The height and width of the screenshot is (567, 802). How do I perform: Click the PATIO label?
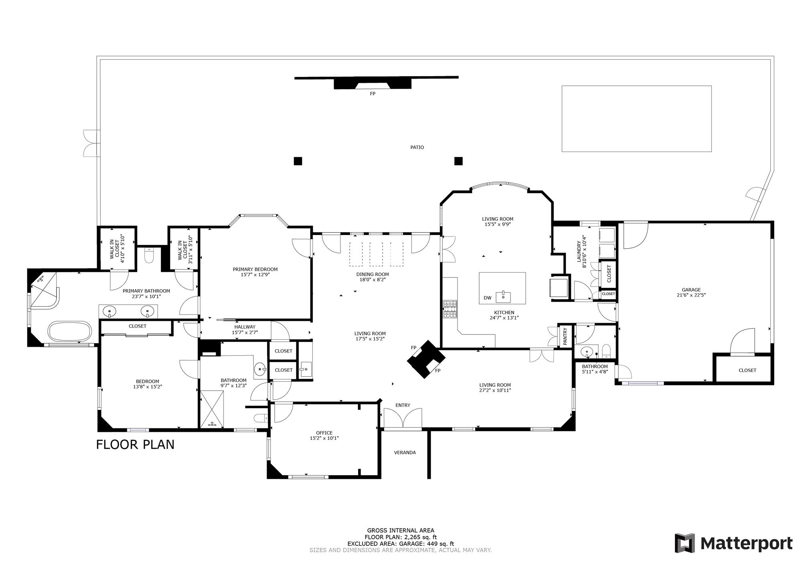point(417,147)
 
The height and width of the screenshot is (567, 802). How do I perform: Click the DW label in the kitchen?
point(487,298)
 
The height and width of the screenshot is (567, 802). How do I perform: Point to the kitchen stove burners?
point(450,309)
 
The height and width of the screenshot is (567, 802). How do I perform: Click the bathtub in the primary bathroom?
point(70,331)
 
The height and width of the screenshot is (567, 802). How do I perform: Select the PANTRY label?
point(565,336)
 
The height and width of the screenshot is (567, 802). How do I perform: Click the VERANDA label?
point(405,453)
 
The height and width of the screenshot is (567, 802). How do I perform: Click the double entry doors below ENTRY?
point(403,418)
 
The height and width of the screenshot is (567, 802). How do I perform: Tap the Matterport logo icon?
point(685,543)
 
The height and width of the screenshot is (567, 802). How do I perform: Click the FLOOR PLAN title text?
point(135,445)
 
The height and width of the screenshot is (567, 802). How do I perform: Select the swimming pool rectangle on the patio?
point(636,119)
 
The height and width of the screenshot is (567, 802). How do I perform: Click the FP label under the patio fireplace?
point(373,93)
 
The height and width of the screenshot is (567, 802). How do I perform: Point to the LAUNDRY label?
point(579,251)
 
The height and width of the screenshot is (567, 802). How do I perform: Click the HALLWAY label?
point(245,327)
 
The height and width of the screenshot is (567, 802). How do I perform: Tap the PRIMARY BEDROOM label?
point(255,269)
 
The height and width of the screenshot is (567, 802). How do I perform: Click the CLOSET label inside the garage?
point(747,371)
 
